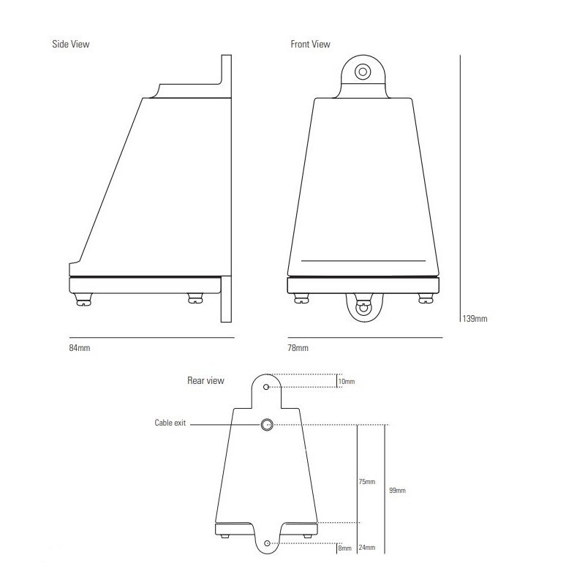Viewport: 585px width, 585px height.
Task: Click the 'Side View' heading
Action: (x=71, y=44)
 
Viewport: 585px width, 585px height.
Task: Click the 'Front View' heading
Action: (x=310, y=44)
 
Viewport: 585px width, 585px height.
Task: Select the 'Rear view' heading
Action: (x=206, y=380)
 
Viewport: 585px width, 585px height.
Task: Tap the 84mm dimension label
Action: (x=79, y=347)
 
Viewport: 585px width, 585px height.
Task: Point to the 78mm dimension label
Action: (x=298, y=347)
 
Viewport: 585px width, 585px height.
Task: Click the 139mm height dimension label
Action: (x=474, y=319)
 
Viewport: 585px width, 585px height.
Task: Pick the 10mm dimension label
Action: (x=346, y=382)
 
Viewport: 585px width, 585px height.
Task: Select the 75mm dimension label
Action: (x=366, y=482)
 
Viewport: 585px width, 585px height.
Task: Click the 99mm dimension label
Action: (x=397, y=491)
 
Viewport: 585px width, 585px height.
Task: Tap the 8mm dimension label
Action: (x=344, y=548)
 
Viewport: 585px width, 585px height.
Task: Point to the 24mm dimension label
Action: (x=366, y=548)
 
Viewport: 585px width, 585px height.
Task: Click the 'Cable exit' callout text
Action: (x=170, y=423)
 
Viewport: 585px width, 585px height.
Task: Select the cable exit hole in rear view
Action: (x=268, y=424)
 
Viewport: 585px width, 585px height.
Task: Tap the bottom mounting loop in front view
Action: (x=362, y=309)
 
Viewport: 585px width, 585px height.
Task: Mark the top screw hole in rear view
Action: (x=267, y=386)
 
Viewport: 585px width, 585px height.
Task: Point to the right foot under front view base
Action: (x=424, y=298)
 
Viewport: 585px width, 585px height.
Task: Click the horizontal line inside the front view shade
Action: (x=363, y=260)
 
